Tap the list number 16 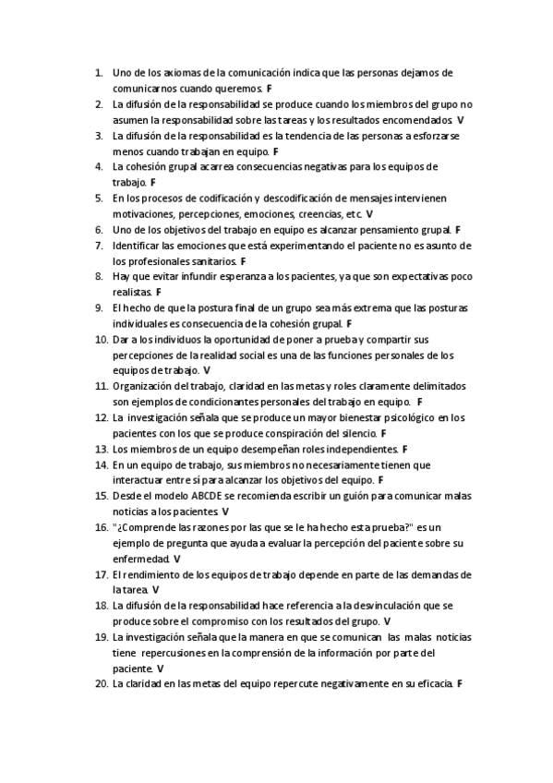[101, 527]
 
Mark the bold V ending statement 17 [155, 589]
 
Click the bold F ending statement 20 [458, 683]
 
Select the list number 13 [101, 449]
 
